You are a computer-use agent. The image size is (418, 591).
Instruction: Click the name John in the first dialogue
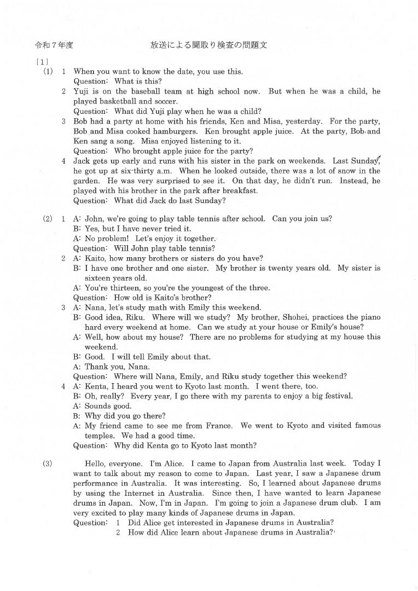point(95,219)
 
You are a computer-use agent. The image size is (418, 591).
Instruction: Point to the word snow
point(342,171)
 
